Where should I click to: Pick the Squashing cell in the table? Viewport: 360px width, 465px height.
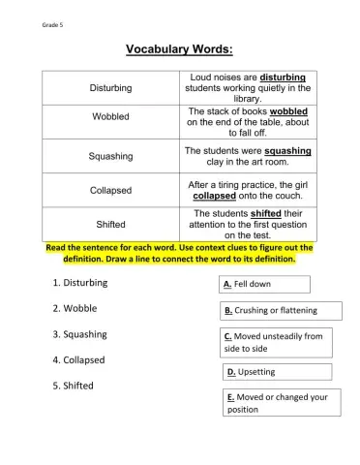(x=111, y=156)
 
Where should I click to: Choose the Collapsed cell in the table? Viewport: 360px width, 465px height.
(x=111, y=190)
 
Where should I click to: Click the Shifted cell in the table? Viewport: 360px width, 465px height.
(x=111, y=224)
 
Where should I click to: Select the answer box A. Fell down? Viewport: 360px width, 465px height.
(x=265, y=284)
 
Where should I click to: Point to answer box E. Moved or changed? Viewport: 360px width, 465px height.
(x=281, y=402)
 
